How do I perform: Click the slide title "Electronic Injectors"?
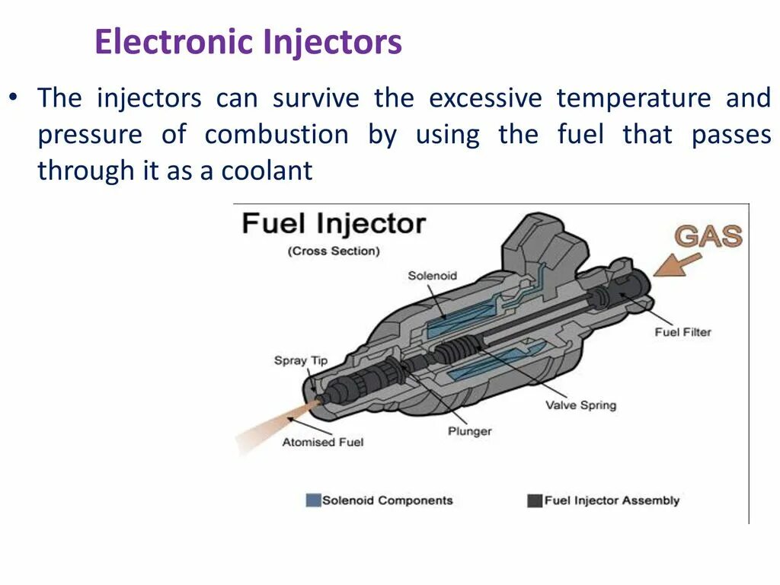point(248,42)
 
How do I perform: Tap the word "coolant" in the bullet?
point(267,171)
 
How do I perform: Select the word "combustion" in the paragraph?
point(277,135)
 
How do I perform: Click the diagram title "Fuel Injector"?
point(333,225)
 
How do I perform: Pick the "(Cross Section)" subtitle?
point(334,251)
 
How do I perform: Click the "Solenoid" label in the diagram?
point(432,276)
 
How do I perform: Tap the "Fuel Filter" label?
point(682,332)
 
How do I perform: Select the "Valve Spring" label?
point(580,405)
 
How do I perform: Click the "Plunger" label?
point(469,431)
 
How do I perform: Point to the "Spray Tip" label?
point(301,360)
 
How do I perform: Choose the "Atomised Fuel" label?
point(323,442)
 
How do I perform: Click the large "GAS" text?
point(708,236)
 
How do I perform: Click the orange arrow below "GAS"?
point(677,264)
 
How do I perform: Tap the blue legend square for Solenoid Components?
point(312,500)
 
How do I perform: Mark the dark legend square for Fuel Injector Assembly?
point(533,500)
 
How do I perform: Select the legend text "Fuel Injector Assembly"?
point(612,500)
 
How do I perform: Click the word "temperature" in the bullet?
point(633,98)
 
